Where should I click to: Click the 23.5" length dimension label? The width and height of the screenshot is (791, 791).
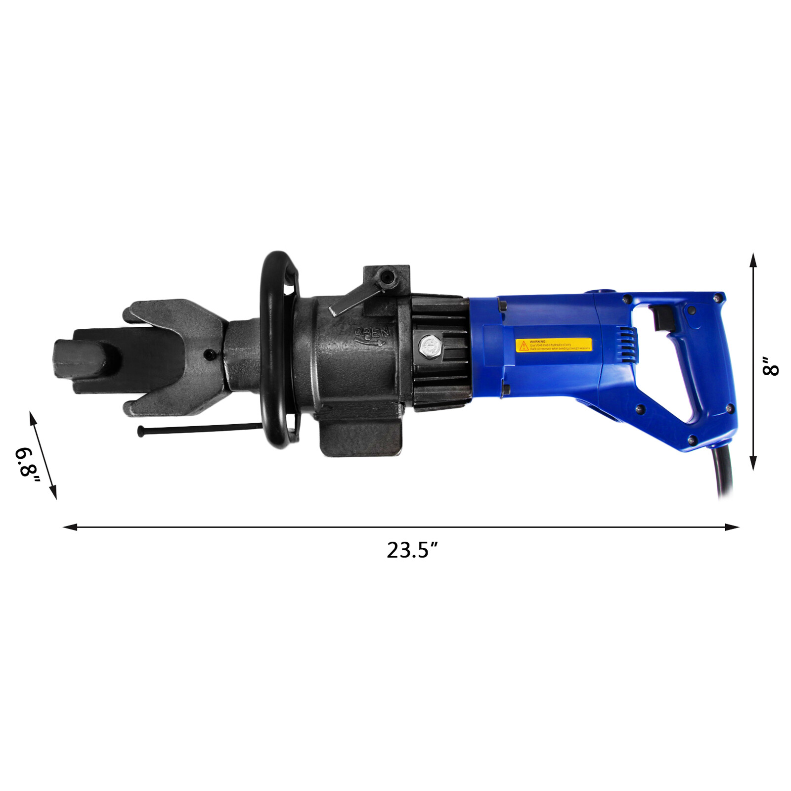(x=412, y=550)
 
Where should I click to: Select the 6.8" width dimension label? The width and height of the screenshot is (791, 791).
(x=27, y=462)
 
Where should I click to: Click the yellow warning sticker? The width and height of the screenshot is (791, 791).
(x=553, y=345)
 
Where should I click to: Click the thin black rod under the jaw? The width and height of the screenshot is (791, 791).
(x=198, y=429)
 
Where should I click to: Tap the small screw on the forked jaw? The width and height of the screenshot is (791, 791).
(x=211, y=353)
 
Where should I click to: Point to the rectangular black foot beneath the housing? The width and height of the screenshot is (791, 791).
(x=359, y=437)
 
